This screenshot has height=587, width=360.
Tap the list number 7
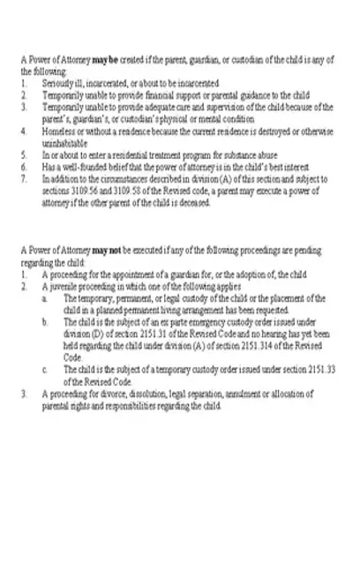pos(23,177)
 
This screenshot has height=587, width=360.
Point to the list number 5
pos(23,152)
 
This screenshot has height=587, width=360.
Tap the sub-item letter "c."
pos(45,369)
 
